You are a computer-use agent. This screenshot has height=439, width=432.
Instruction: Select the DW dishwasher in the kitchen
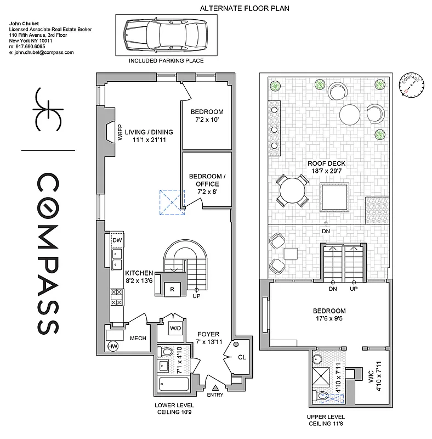117,240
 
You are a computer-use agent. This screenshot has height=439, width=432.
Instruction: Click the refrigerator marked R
172,289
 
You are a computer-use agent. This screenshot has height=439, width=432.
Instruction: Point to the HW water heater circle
113,346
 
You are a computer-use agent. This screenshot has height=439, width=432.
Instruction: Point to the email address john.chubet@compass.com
42,52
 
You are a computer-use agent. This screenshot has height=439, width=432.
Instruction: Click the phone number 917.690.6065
33,47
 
